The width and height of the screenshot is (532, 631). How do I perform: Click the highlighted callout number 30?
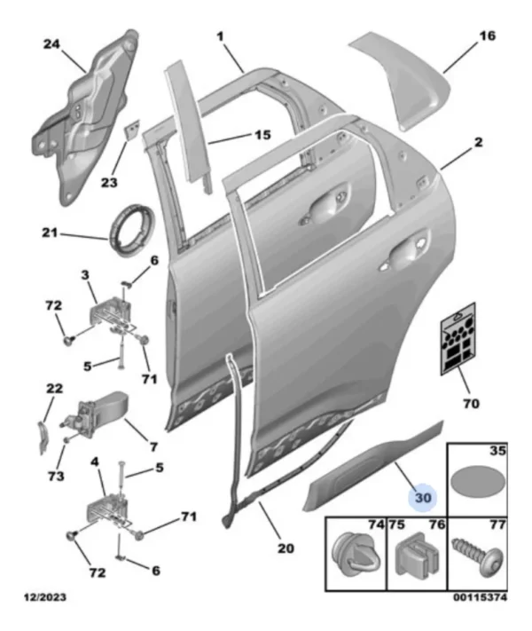[x=422, y=498]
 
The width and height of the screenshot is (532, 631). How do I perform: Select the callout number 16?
[x=486, y=36]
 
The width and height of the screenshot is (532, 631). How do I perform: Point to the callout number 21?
[x=51, y=234]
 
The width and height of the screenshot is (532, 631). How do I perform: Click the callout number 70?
[x=470, y=404]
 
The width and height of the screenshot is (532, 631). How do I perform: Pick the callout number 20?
[x=284, y=548]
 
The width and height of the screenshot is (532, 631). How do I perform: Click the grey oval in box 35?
[x=476, y=484]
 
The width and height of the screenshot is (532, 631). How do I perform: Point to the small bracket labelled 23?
[x=130, y=130]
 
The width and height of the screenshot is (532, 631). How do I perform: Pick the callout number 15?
[x=262, y=136]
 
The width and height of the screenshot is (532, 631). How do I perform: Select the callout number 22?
[x=55, y=389]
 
